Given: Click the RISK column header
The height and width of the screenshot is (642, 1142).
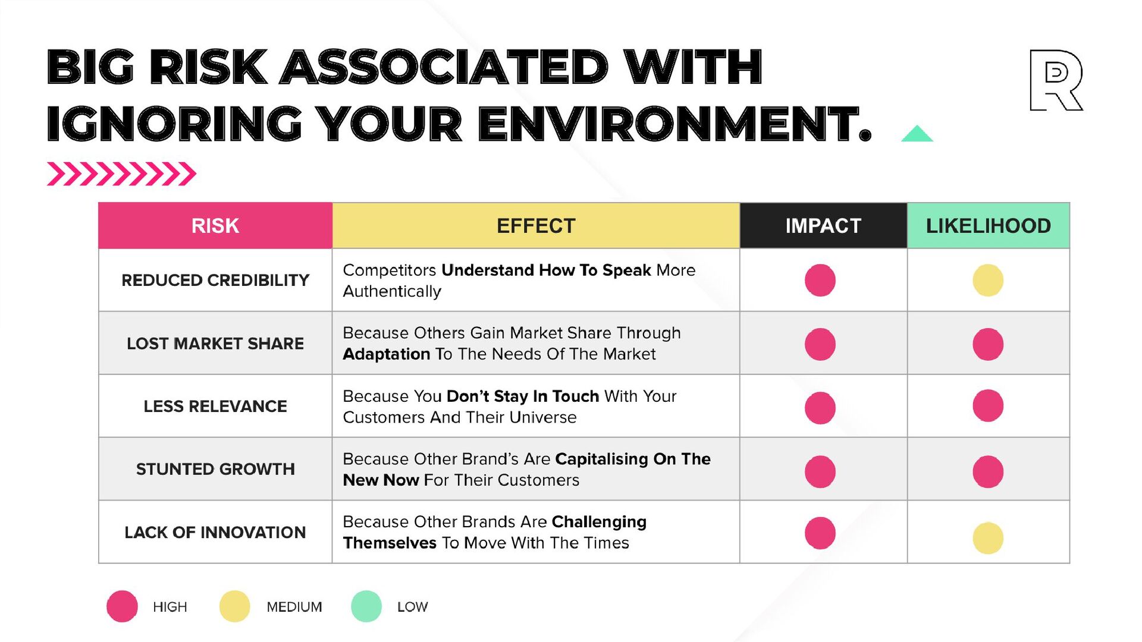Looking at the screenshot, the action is [215, 226].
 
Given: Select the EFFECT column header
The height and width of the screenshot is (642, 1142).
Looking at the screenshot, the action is [536, 226].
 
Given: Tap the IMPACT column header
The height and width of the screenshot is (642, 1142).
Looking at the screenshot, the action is [823, 226].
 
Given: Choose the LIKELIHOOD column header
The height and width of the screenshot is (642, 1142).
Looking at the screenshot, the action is [988, 226].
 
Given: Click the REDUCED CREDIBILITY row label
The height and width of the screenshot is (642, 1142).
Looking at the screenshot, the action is [215, 280].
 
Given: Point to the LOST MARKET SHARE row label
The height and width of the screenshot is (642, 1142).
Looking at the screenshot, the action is [215, 344].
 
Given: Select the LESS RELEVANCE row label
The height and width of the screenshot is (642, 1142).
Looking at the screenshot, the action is [215, 407].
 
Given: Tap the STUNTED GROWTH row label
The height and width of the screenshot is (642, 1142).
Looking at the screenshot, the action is [215, 470].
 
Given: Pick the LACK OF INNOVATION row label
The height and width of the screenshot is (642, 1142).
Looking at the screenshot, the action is [215, 533].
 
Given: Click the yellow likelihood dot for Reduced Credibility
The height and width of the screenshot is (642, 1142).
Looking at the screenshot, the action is [988, 280].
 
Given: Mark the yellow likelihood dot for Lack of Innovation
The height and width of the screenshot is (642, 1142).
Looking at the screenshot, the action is [988, 538].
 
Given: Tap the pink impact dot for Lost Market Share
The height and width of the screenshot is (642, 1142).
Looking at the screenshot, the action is [820, 344].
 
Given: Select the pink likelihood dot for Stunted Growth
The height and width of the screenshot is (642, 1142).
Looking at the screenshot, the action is [988, 471].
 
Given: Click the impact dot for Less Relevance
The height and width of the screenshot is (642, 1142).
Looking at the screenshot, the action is [820, 408].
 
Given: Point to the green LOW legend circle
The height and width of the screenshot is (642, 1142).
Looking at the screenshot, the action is [366, 606].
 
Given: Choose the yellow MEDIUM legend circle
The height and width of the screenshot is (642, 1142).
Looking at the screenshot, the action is [234, 606].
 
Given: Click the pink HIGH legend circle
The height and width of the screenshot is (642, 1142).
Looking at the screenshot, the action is [122, 606].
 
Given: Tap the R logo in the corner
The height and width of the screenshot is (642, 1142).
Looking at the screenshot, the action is [1056, 80].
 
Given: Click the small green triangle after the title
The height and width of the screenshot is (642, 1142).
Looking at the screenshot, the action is [917, 134].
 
